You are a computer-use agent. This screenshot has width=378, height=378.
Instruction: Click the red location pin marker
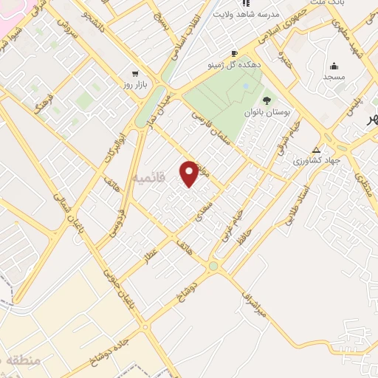coord(190,173)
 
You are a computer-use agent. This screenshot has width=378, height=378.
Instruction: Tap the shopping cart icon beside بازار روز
coord(134,74)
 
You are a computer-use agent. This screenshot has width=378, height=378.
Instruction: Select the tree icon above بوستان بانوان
coord(267,100)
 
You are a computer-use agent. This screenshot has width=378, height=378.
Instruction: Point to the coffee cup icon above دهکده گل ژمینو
coord(234,53)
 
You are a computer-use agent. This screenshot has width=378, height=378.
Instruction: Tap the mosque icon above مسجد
coord(334,66)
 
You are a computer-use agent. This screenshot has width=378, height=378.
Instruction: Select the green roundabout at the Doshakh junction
coord(213,265)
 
